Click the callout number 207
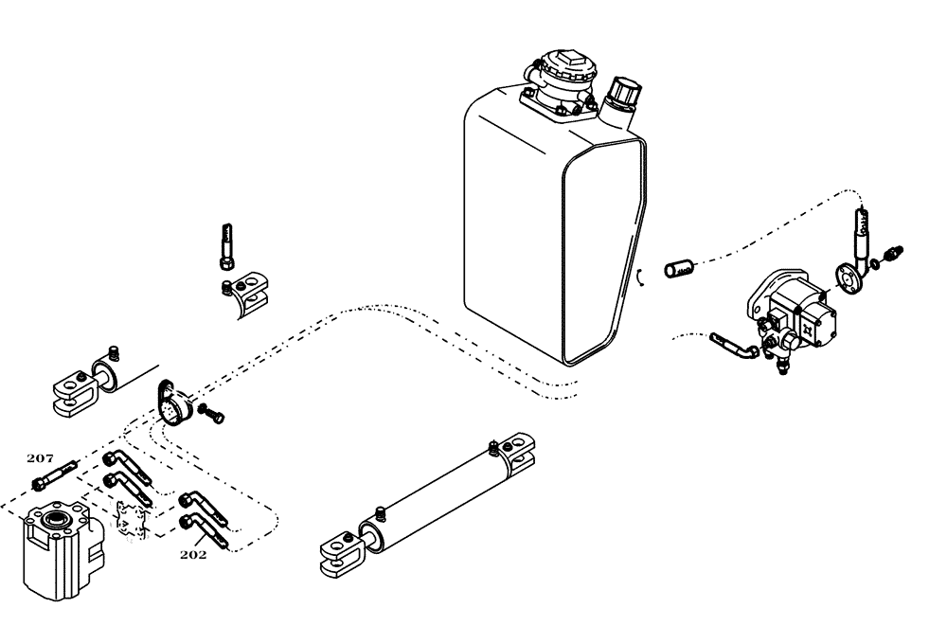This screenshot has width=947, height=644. (40, 458)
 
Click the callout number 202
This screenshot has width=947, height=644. (193, 554)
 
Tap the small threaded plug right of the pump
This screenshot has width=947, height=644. (892, 253)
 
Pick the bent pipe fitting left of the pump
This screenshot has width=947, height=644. (733, 344)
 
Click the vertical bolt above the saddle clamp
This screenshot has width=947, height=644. (226, 244)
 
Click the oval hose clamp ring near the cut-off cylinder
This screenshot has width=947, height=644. (170, 404)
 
